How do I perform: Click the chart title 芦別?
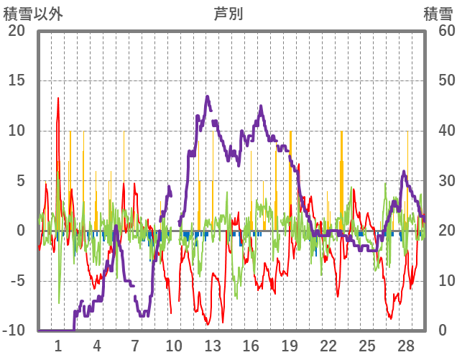coord(228,14)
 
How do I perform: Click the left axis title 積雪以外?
coord(28,14)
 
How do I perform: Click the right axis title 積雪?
coord(438,14)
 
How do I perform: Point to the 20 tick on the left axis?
coord(16,31)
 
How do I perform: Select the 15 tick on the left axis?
coord(16,80)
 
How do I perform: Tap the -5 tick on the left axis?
coord(16,281)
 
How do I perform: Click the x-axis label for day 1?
coord(58,346)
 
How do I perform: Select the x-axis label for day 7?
coord(135,346)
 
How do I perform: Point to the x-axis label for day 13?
coord(212,346)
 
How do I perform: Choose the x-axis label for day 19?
coord(290,346)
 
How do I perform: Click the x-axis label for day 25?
coord(366,346)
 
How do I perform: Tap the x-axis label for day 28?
coord(405,346)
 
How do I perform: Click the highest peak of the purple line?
coord(207,96)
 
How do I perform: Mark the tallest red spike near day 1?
coord(58,98)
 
